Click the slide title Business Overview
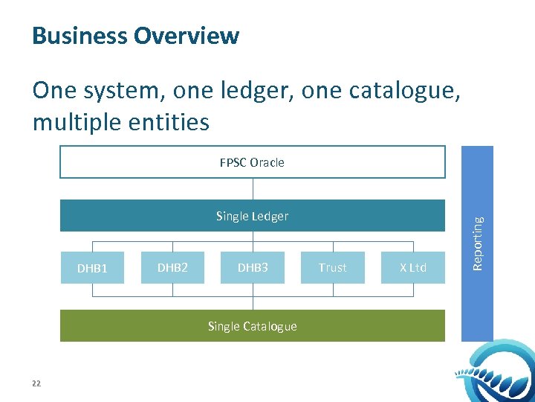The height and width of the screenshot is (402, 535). pos(136,36)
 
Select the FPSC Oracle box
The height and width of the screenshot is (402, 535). pos(252,162)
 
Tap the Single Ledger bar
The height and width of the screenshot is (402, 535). pos(252,216)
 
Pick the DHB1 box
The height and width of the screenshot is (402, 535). pos(92,268)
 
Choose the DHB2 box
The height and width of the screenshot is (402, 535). pos(172,267)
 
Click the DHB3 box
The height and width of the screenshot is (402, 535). pos(253,267)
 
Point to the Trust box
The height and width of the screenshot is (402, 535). pos(333,267)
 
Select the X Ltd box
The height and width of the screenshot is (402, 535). pos(413,267)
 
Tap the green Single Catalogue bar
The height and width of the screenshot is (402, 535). pos(252,326)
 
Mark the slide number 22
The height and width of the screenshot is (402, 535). pos(36,383)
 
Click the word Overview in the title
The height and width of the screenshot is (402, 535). pos(194,36)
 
